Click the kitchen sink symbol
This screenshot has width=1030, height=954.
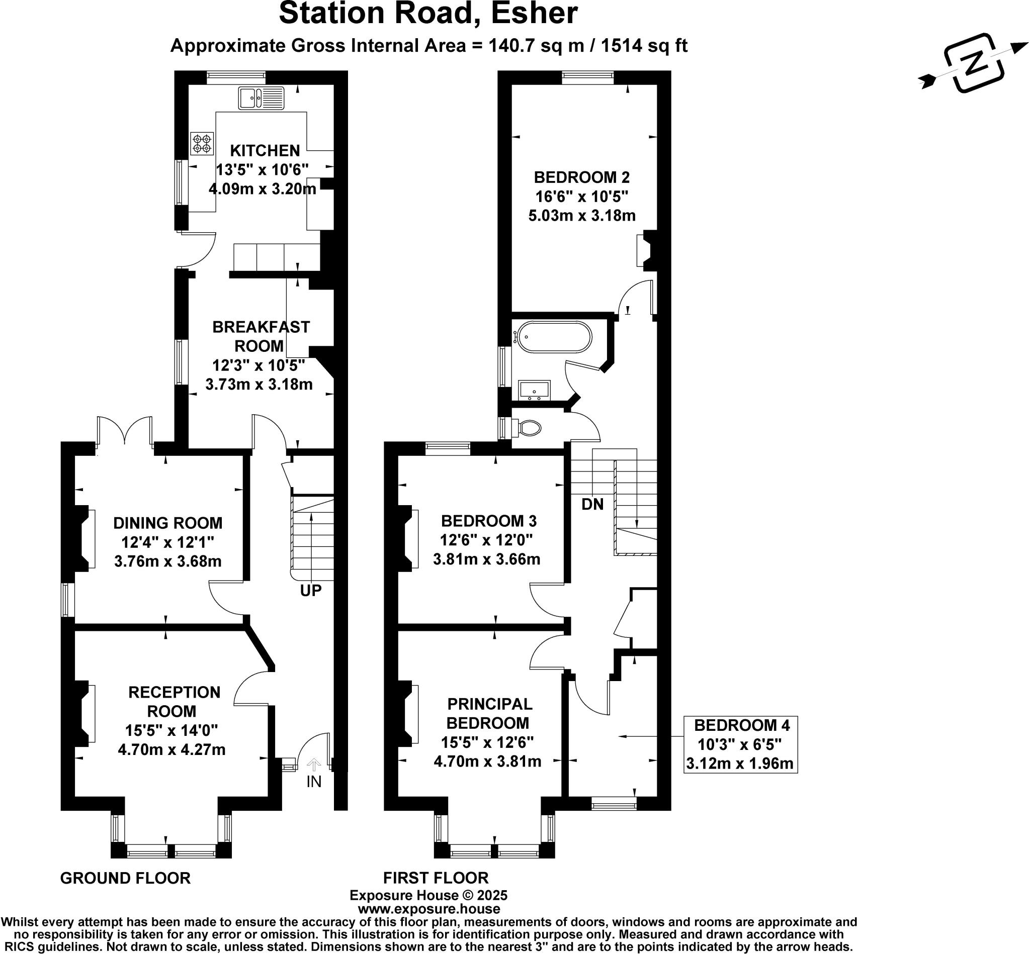(262, 98)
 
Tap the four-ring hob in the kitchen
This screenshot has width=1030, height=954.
(202, 144)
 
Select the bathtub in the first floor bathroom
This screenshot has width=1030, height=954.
(554, 337)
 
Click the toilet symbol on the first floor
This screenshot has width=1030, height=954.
(529, 427)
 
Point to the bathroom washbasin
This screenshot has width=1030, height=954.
(535, 390)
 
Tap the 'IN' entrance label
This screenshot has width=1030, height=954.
(313, 782)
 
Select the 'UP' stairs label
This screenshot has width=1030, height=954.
(311, 591)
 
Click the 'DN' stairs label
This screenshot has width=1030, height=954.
(592, 504)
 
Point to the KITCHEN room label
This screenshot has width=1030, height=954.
(265, 151)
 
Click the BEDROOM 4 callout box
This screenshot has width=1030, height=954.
(741, 744)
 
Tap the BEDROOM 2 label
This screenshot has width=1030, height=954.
(581, 177)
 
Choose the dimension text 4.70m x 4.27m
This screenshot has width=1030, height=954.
(171, 749)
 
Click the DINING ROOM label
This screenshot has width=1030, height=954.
(168, 523)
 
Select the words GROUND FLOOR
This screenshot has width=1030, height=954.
(126, 878)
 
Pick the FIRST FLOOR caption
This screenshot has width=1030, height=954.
(436, 878)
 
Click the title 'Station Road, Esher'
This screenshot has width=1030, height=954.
(428, 14)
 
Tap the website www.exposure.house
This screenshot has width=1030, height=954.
(428, 909)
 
